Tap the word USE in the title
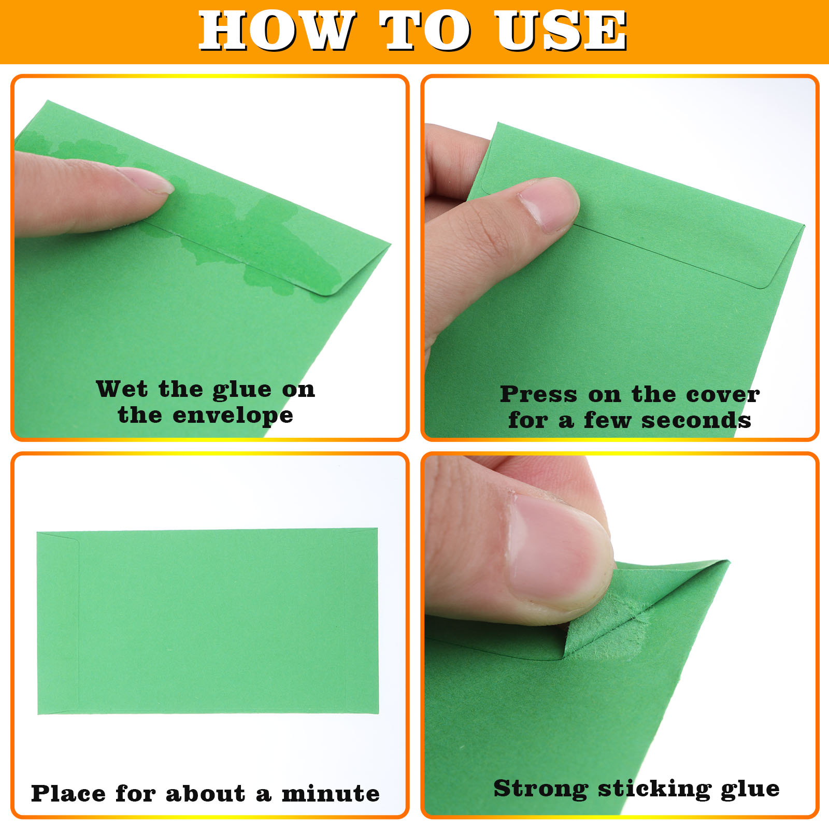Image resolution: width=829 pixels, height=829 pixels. tap(561, 31)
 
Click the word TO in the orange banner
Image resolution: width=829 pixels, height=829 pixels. tap(426, 31)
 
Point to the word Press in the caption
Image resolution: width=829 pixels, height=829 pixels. tap(538, 394)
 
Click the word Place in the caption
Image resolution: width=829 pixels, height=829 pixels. tap(68, 793)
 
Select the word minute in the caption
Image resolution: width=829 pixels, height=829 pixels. tap(331, 793)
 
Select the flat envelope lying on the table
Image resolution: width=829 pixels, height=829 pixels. tap(208, 621)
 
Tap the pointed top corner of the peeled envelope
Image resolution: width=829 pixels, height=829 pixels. tap(728, 561)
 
